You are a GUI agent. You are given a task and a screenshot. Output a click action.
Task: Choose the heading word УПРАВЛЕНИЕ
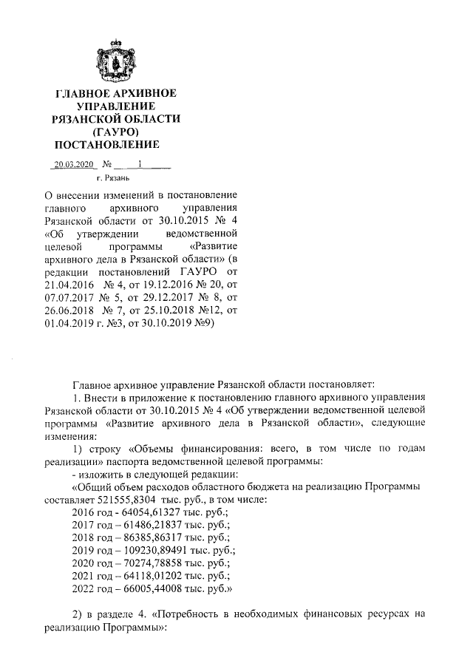116,106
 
